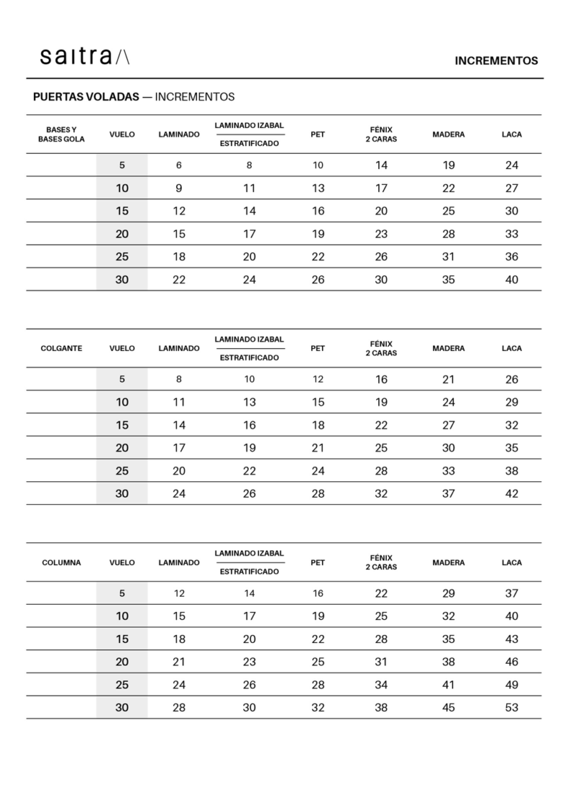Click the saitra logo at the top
point(84,57)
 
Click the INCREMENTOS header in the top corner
point(496,61)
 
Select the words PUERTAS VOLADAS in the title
point(87,97)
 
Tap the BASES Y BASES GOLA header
point(61,134)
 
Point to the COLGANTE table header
point(61,348)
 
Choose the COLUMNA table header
point(61,563)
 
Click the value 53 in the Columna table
point(512,707)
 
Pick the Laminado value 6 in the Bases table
point(179,165)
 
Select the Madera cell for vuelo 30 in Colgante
point(448,493)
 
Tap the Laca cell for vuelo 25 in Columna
point(512,685)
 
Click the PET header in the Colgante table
point(318,348)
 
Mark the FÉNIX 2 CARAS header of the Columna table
point(381,563)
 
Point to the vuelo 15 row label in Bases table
point(122,211)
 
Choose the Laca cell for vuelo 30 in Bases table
point(512,280)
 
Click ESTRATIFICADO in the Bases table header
point(249,144)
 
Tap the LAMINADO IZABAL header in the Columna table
point(249,553)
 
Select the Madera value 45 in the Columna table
point(448,707)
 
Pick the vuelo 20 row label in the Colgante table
point(122,448)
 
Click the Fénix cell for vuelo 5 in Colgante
point(381,379)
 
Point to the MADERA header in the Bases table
point(448,134)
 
